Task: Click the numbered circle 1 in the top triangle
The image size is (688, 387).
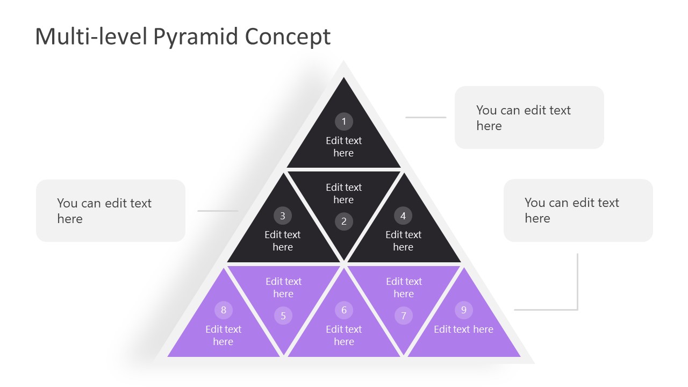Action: click(344, 121)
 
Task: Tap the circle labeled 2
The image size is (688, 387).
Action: click(344, 221)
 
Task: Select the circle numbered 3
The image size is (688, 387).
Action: click(283, 216)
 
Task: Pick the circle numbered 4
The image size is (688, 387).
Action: click(403, 216)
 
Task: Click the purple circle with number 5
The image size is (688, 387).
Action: click(283, 316)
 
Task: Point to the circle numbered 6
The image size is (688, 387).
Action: click(344, 310)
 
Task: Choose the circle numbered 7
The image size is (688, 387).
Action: click(404, 316)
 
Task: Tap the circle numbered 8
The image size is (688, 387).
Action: click(223, 310)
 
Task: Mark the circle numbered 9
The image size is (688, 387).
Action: click(463, 310)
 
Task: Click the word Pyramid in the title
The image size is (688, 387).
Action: click(196, 37)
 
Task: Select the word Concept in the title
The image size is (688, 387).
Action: click(288, 37)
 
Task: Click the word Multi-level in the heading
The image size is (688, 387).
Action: click(91, 37)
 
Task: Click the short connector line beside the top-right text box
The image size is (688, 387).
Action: click(426, 117)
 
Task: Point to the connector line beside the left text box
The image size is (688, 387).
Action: click(218, 211)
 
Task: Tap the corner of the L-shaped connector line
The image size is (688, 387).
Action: click(577, 310)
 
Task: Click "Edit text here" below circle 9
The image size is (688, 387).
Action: click(463, 329)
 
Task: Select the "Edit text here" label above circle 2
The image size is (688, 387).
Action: click(343, 193)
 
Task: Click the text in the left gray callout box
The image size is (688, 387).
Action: click(104, 211)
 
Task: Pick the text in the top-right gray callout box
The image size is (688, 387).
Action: click(523, 118)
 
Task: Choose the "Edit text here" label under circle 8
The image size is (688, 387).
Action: click(223, 335)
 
